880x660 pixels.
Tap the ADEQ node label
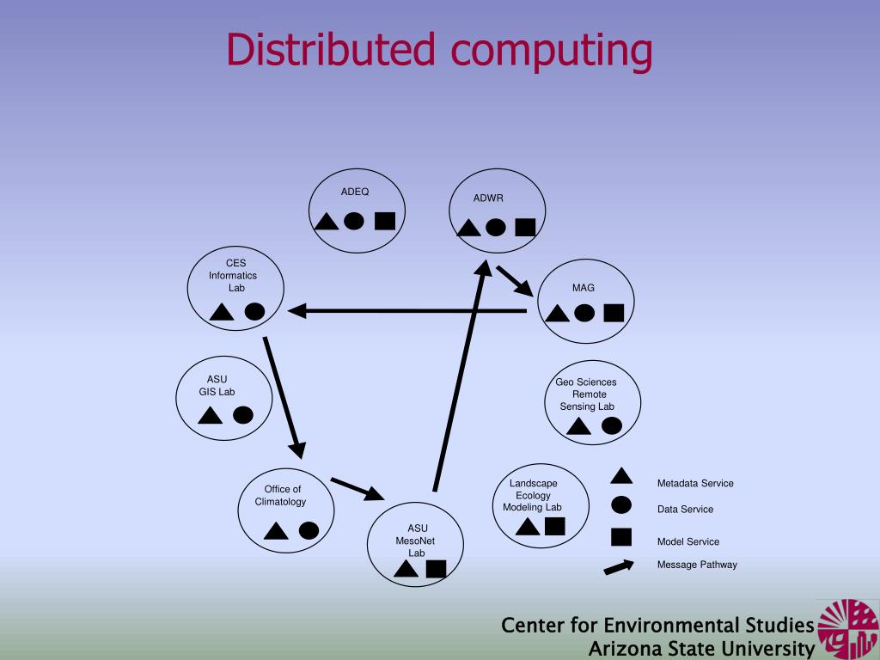pyautogui.click(x=354, y=192)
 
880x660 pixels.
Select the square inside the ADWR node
pyautogui.click(x=525, y=227)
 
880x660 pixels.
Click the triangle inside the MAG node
pyautogui.click(x=557, y=313)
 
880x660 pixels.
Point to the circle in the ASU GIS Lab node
pyautogui.click(x=243, y=415)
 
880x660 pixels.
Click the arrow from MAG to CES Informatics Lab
pyautogui.click(x=408, y=311)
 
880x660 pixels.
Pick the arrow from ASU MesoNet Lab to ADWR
pyautogui.click(x=461, y=378)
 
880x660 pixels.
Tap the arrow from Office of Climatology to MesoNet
pyautogui.click(x=357, y=489)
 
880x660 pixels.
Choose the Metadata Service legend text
pyautogui.click(x=695, y=483)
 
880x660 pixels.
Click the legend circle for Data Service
pyautogui.click(x=620, y=506)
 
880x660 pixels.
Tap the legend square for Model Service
pyautogui.click(x=620, y=537)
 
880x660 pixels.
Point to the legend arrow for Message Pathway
pyautogui.click(x=619, y=567)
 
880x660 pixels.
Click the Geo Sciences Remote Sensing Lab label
pyautogui.click(x=587, y=394)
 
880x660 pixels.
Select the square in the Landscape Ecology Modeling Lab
pyautogui.click(x=554, y=526)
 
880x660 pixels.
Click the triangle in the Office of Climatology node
pyautogui.click(x=276, y=531)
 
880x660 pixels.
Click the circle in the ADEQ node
pyautogui.click(x=354, y=221)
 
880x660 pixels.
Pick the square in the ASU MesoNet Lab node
pyautogui.click(x=436, y=568)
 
